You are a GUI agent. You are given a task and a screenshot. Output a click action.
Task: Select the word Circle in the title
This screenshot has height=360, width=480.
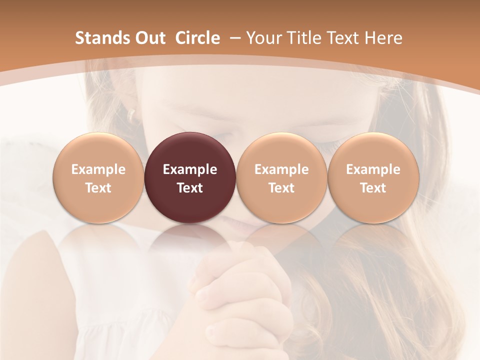[x=197, y=38]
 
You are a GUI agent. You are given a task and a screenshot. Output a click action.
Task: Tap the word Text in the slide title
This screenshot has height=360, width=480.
[x=344, y=38]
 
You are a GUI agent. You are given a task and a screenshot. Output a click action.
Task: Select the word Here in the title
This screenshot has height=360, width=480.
[x=383, y=38]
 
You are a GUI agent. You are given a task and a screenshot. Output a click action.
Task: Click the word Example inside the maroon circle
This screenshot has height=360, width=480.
[x=190, y=169]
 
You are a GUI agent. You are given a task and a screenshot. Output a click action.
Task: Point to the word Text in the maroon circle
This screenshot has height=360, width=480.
[x=190, y=188]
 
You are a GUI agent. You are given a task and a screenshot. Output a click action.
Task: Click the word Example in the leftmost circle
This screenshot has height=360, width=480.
[x=98, y=169]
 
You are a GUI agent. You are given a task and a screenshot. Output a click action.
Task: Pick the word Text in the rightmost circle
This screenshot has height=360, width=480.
[x=373, y=188]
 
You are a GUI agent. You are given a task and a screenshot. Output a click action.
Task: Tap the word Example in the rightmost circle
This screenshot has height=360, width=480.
[x=373, y=169]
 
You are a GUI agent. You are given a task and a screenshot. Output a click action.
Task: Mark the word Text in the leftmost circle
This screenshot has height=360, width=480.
[x=98, y=188]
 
